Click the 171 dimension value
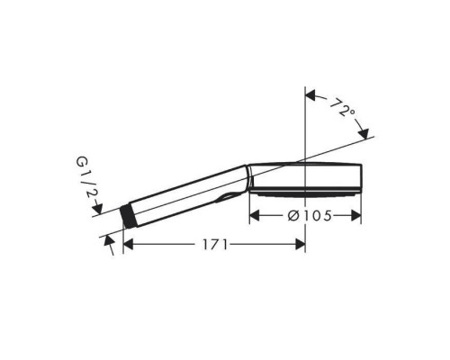click(x=215, y=245)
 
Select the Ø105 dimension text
click(x=310, y=216)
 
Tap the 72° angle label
click(x=342, y=107)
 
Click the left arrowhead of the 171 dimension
click(x=128, y=245)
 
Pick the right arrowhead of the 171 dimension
click(x=301, y=245)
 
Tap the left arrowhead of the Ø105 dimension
click(x=255, y=215)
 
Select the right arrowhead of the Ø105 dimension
click(x=356, y=215)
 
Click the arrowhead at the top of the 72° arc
click(x=310, y=96)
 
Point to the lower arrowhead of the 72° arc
click(x=364, y=133)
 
